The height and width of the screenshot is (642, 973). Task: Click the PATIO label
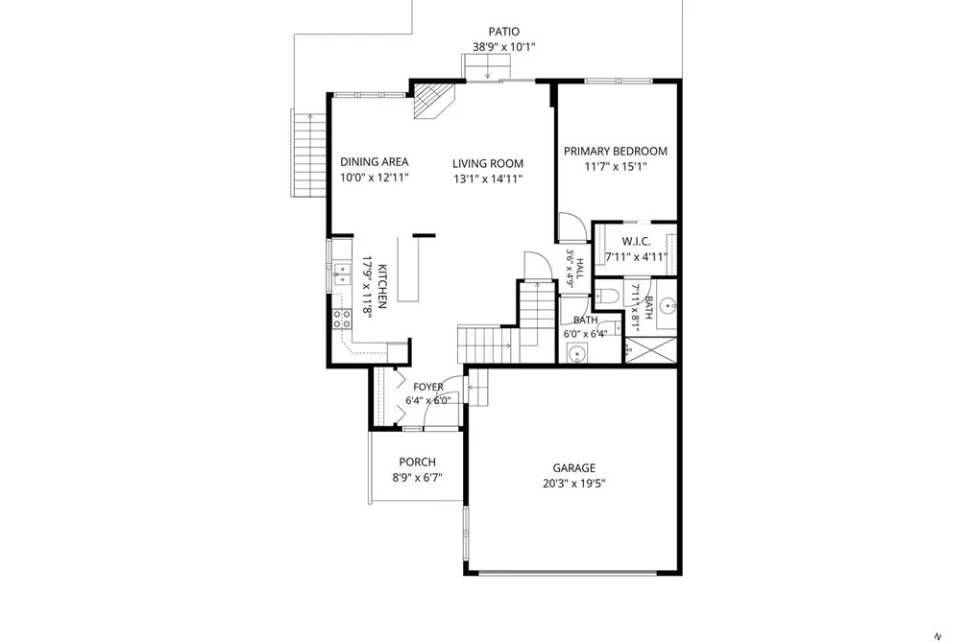(504, 32)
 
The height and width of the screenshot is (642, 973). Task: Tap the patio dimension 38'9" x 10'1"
(504, 46)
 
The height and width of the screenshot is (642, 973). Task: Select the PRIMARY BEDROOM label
(616, 151)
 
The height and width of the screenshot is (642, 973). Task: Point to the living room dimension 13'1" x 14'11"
(488, 179)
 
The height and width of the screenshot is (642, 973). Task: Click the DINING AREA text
(375, 162)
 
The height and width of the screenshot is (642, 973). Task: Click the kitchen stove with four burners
(341, 320)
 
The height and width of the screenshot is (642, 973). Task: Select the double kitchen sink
(341, 274)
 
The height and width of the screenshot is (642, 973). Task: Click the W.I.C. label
(636, 241)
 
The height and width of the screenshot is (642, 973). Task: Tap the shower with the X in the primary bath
(650, 350)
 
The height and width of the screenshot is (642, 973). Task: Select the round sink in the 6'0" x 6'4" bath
(577, 356)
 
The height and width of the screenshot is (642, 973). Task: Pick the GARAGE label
(574, 468)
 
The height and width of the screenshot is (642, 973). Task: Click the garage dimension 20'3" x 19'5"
(574, 484)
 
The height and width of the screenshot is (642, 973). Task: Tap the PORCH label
(417, 462)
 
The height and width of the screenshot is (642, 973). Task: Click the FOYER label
(428, 387)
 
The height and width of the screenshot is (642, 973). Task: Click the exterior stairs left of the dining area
(308, 155)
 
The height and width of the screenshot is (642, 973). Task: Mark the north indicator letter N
(938, 636)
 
